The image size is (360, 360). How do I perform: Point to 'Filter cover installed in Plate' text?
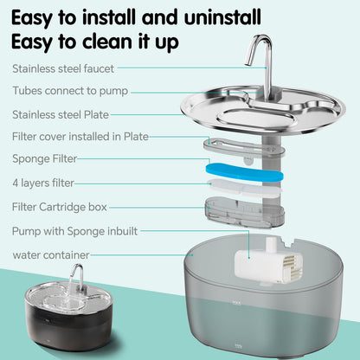coord(80,136)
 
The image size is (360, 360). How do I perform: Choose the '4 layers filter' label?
coord(44,183)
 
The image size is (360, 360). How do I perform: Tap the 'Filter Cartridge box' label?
coord(61,207)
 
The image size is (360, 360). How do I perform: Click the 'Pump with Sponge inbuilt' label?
coord(74,231)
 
